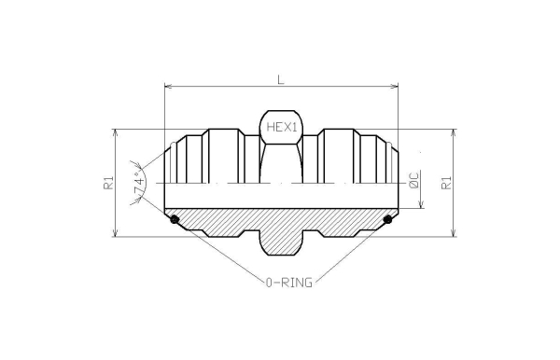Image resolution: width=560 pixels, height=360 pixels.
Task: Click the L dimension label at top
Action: [281, 80]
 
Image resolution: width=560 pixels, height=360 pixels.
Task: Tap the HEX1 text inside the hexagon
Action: [281, 128]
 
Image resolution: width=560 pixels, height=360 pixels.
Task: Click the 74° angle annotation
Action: [140, 185]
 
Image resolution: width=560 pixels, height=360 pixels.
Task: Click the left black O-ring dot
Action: [174, 220]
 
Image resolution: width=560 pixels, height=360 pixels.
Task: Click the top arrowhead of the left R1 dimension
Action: [116, 133]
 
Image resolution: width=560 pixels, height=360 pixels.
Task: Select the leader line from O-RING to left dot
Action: [224, 252]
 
